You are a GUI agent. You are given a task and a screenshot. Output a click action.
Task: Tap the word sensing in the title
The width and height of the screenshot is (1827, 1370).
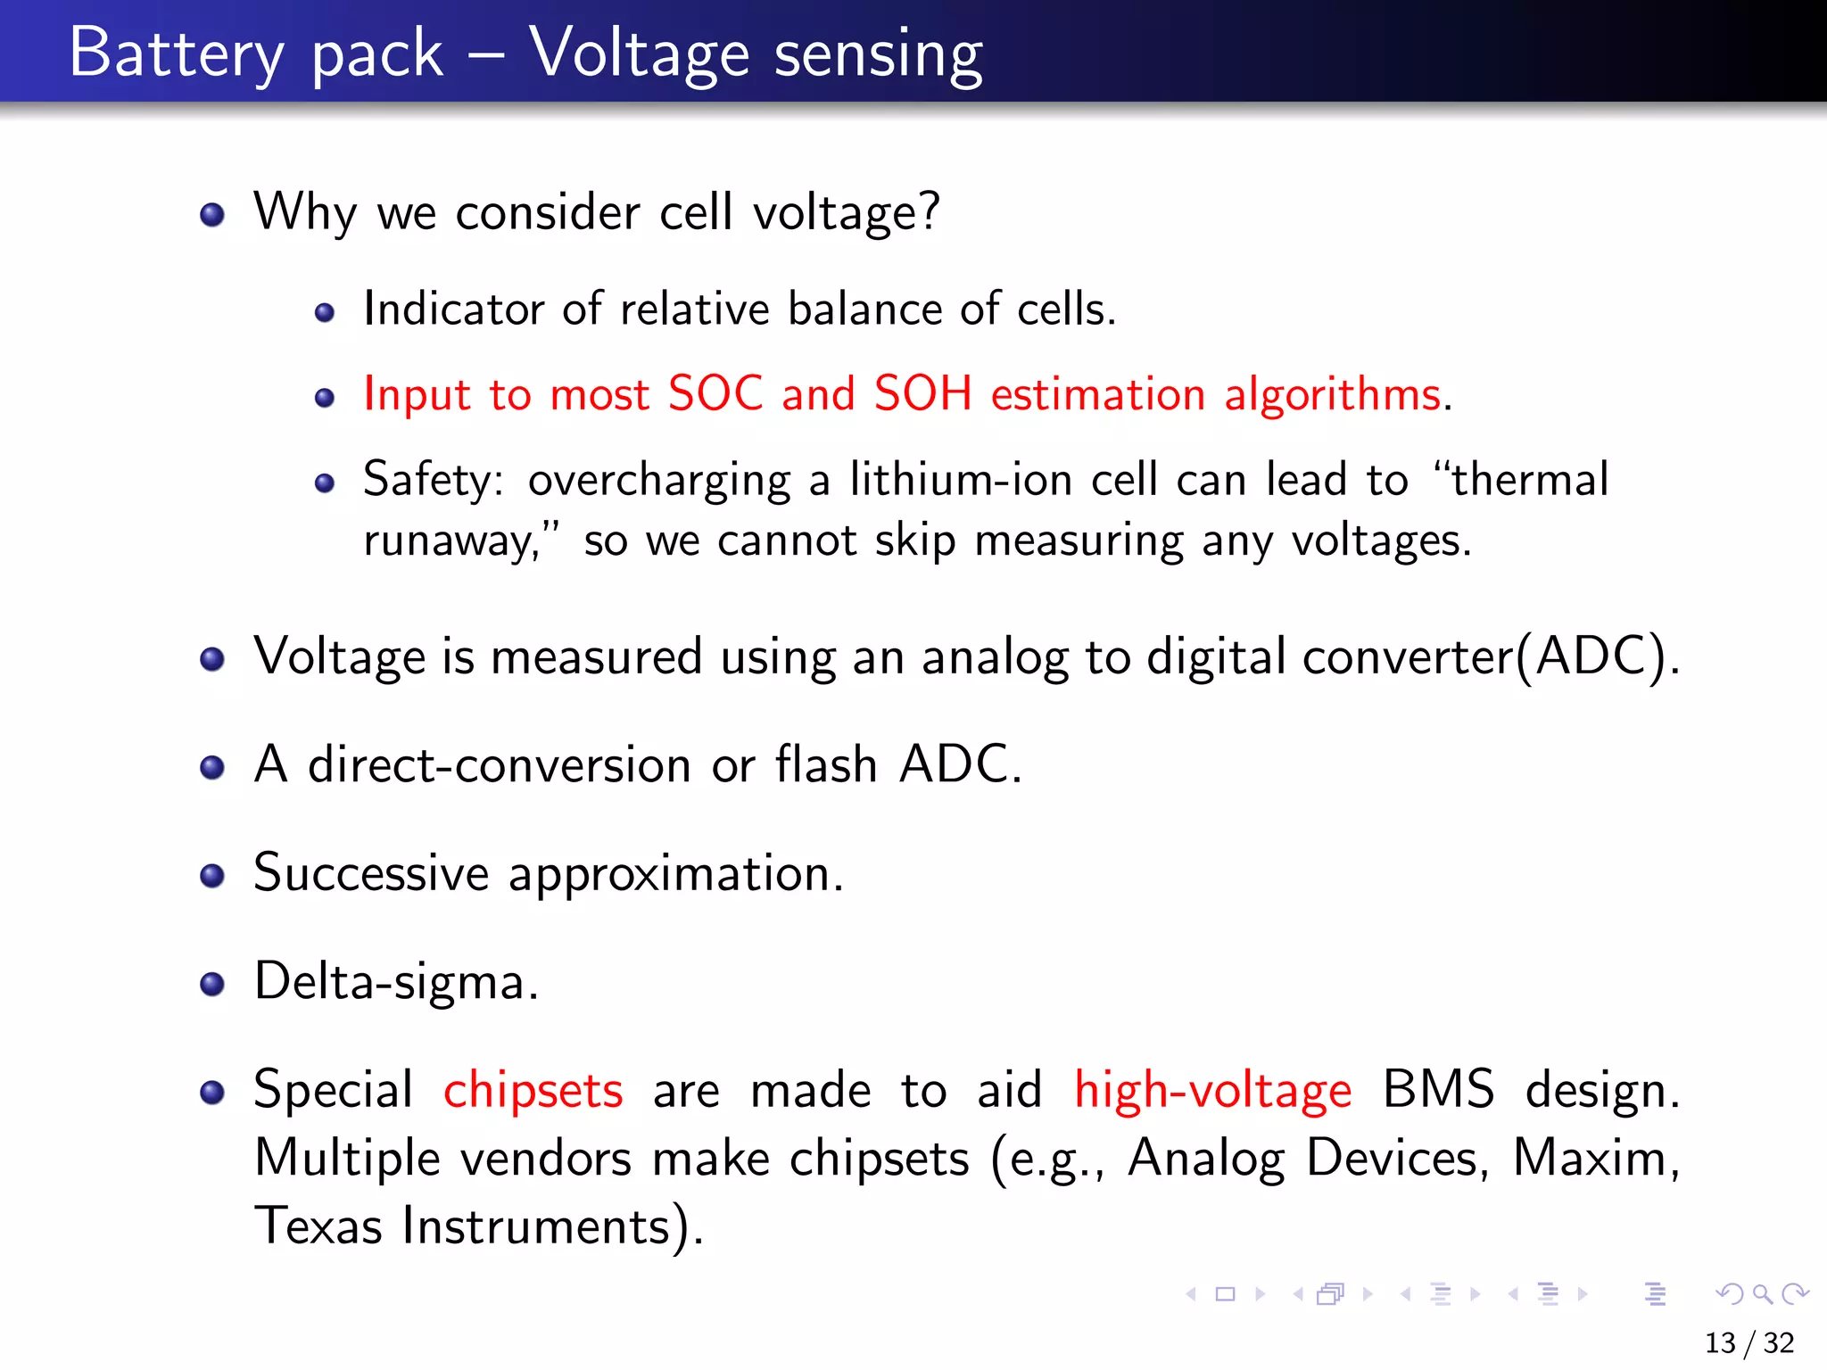point(878,55)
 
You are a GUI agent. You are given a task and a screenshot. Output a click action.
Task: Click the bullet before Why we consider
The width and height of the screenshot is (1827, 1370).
point(212,215)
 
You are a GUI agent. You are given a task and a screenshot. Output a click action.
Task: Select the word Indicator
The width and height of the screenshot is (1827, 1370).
point(453,309)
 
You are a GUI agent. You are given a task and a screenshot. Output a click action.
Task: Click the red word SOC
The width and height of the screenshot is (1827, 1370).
point(715,393)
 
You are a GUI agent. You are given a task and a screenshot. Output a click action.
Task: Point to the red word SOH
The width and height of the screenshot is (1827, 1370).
point(922,393)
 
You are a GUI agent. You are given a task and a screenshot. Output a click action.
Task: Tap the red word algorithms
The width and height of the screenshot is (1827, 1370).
point(1333,395)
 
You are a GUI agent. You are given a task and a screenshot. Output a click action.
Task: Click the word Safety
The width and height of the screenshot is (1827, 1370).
point(432,481)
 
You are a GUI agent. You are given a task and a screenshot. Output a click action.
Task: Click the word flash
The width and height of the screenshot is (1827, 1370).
point(826,765)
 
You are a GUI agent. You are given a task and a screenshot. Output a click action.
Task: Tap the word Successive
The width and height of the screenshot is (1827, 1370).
point(371,872)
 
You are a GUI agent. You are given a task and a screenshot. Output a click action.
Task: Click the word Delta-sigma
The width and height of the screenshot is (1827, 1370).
point(394,982)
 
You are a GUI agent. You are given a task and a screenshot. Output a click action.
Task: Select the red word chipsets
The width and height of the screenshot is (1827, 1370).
point(533,1091)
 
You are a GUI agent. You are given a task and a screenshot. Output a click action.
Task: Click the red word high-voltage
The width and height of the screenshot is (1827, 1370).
point(1212,1091)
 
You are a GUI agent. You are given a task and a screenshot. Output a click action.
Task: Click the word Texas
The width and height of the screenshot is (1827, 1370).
point(318,1226)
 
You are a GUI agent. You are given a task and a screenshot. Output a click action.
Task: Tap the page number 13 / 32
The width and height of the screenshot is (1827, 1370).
point(1748,1342)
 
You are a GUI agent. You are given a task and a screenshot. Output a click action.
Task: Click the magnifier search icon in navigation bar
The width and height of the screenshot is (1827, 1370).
point(1762,1293)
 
